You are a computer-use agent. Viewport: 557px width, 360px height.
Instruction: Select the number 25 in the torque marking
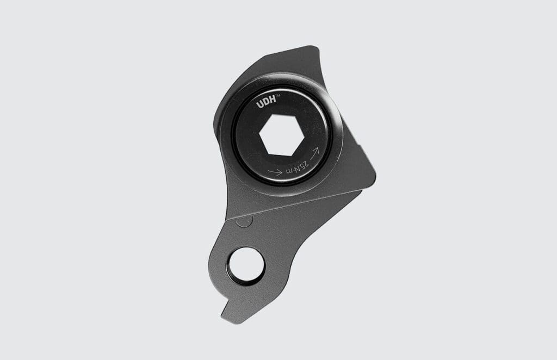click(306, 163)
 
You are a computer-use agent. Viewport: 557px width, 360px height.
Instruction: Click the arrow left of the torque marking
click(275, 173)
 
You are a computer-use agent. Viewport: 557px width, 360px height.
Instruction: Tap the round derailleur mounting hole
click(246, 264)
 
